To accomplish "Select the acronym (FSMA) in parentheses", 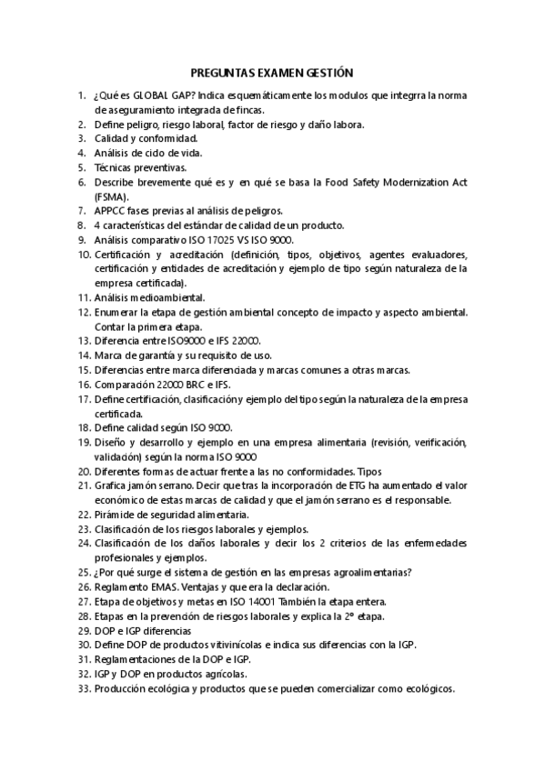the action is [111, 196].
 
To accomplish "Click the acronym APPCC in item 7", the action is [112, 211].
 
